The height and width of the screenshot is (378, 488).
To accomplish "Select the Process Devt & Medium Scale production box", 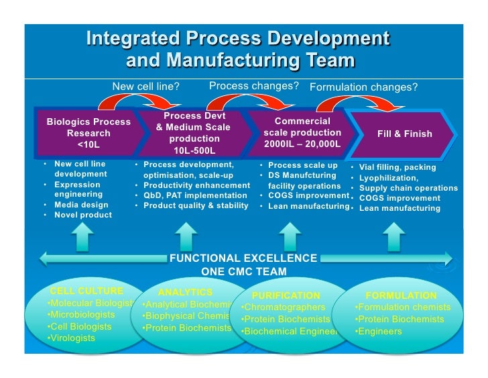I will [x=193, y=133].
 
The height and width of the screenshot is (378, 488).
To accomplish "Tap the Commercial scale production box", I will [x=302, y=133].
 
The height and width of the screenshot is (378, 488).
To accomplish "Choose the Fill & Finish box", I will [x=405, y=134].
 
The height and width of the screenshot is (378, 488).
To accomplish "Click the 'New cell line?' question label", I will [x=145, y=86].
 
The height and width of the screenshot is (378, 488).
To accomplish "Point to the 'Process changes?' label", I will [x=253, y=86].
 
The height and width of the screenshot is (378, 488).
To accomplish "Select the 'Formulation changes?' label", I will [x=363, y=87].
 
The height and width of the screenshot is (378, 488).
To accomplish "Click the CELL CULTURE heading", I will [x=86, y=291].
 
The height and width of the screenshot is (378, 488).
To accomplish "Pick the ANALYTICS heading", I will [x=185, y=292].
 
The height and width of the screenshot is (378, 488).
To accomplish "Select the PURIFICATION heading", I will [x=286, y=295].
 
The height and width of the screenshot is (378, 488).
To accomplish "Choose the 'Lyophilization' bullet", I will [x=388, y=178].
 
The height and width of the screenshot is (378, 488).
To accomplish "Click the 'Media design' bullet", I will [x=80, y=205].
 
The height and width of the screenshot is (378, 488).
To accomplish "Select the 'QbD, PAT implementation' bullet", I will [x=191, y=195].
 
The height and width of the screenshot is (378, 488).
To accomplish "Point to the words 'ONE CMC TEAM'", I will [x=243, y=272].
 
